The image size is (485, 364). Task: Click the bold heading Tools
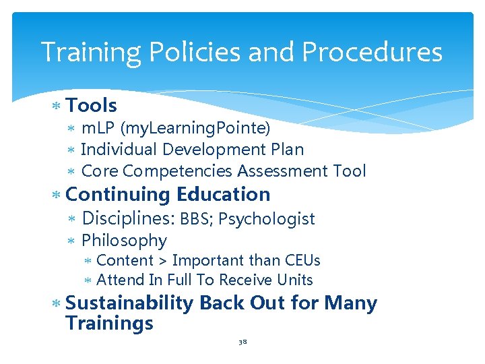[92, 106]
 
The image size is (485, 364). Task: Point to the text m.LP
[98, 128]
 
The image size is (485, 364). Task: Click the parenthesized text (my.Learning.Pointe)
[195, 128]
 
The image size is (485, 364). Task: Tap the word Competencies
[179, 171]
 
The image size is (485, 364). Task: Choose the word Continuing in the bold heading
[118, 195]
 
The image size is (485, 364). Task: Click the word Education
[223, 195]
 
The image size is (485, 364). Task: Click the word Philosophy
[124, 241]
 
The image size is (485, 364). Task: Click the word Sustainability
[131, 303]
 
